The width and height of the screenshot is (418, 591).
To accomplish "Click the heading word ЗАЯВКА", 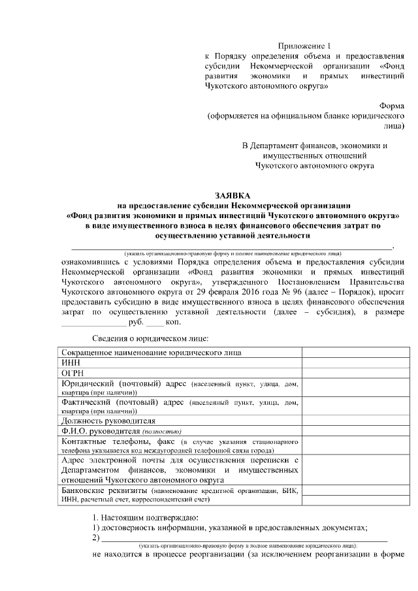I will coord(233,195).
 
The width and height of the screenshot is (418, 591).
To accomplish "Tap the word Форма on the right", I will coord(392,105).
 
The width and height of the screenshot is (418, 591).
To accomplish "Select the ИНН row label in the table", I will coord(71,362).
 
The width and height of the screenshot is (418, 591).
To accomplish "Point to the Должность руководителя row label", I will coord(108,421).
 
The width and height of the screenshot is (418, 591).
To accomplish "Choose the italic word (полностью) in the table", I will coord(163,432).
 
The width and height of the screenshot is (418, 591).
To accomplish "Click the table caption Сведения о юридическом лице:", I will coord(150,338).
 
